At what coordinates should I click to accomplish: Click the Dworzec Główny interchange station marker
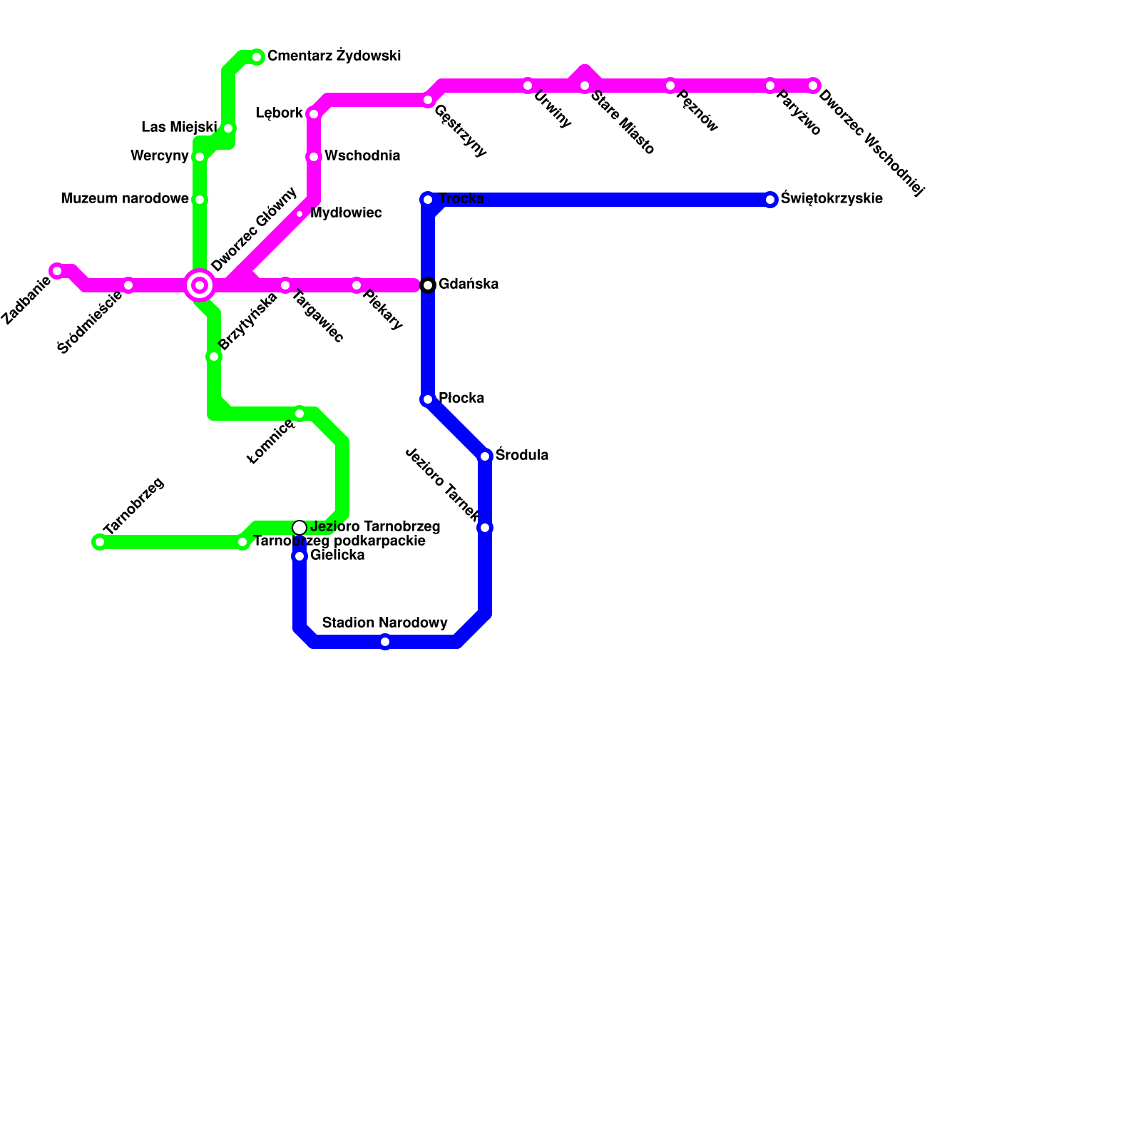coord(200,285)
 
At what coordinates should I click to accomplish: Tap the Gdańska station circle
coord(428,285)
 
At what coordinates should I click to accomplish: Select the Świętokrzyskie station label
coord(832,199)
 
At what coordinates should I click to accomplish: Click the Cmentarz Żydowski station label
coord(334,56)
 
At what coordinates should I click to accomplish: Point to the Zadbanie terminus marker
coord(57,271)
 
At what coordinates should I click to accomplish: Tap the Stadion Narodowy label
coord(385,623)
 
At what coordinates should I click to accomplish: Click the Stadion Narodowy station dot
coord(385,642)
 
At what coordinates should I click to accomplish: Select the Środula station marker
coord(485,456)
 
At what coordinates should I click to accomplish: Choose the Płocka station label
coord(461,398)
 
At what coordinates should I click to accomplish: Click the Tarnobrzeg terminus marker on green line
coord(100,542)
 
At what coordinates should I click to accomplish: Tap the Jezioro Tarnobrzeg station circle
coord(300,528)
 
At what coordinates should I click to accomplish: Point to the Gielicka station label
coord(337,556)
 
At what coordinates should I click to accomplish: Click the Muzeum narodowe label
coord(125,199)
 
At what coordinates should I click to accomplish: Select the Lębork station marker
coord(314,114)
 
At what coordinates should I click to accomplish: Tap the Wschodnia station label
coord(362,156)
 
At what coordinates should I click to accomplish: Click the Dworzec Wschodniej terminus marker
coord(813,86)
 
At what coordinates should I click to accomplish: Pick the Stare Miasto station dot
coord(585,86)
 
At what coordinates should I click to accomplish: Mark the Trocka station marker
coord(428,200)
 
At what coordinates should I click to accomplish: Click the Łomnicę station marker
coord(300,414)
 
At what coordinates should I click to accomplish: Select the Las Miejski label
coord(179,128)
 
